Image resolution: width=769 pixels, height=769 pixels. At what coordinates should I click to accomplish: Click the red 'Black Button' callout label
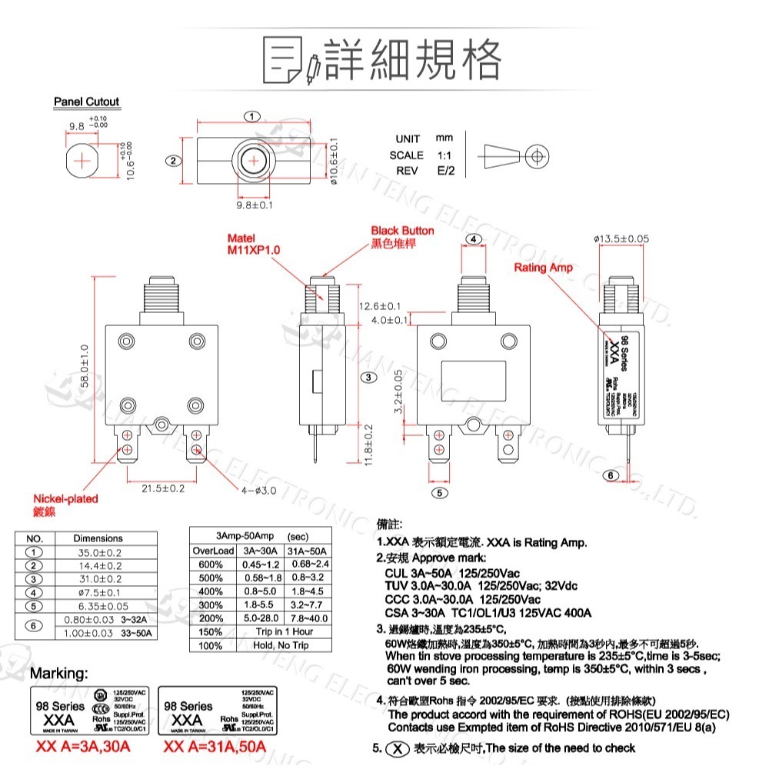pyautogui.click(x=402, y=231)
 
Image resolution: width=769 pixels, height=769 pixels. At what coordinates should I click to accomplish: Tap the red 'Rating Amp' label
pyautogui.click(x=543, y=268)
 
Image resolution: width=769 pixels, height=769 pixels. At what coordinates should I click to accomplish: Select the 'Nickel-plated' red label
pyautogui.click(x=65, y=498)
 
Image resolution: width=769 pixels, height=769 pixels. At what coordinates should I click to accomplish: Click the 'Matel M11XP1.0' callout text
pyautogui.click(x=254, y=245)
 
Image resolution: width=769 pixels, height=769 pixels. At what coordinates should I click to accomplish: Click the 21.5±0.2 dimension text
pyautogui.click(x=162, y=488)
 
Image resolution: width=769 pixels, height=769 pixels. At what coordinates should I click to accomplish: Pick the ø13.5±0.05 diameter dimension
pyautogui.click(x=621, y=239)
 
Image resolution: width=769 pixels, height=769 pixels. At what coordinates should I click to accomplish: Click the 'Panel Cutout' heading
pyautogui.click(x=86, y=102)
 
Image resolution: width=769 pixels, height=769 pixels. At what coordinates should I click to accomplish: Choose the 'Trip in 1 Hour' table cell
pyautogui.click(x=284, y=631)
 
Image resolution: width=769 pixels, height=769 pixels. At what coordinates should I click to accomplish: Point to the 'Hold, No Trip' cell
pyautogui.click(x=284, y=645)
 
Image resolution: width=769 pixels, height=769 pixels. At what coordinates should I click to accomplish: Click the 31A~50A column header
pyautogui.click(x=308, y=551)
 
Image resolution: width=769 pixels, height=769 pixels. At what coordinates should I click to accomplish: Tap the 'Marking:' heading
pyautogui.click(x=58, y=674)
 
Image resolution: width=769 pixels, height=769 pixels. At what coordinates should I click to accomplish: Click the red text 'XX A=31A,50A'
pyautogui.click(x=215, y=747)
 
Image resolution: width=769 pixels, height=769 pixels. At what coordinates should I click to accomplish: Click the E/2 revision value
pyautogui.click(x=445, y=171)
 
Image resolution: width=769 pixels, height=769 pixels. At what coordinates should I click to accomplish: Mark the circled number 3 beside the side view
pyautogui.click(x=369, y=378)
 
